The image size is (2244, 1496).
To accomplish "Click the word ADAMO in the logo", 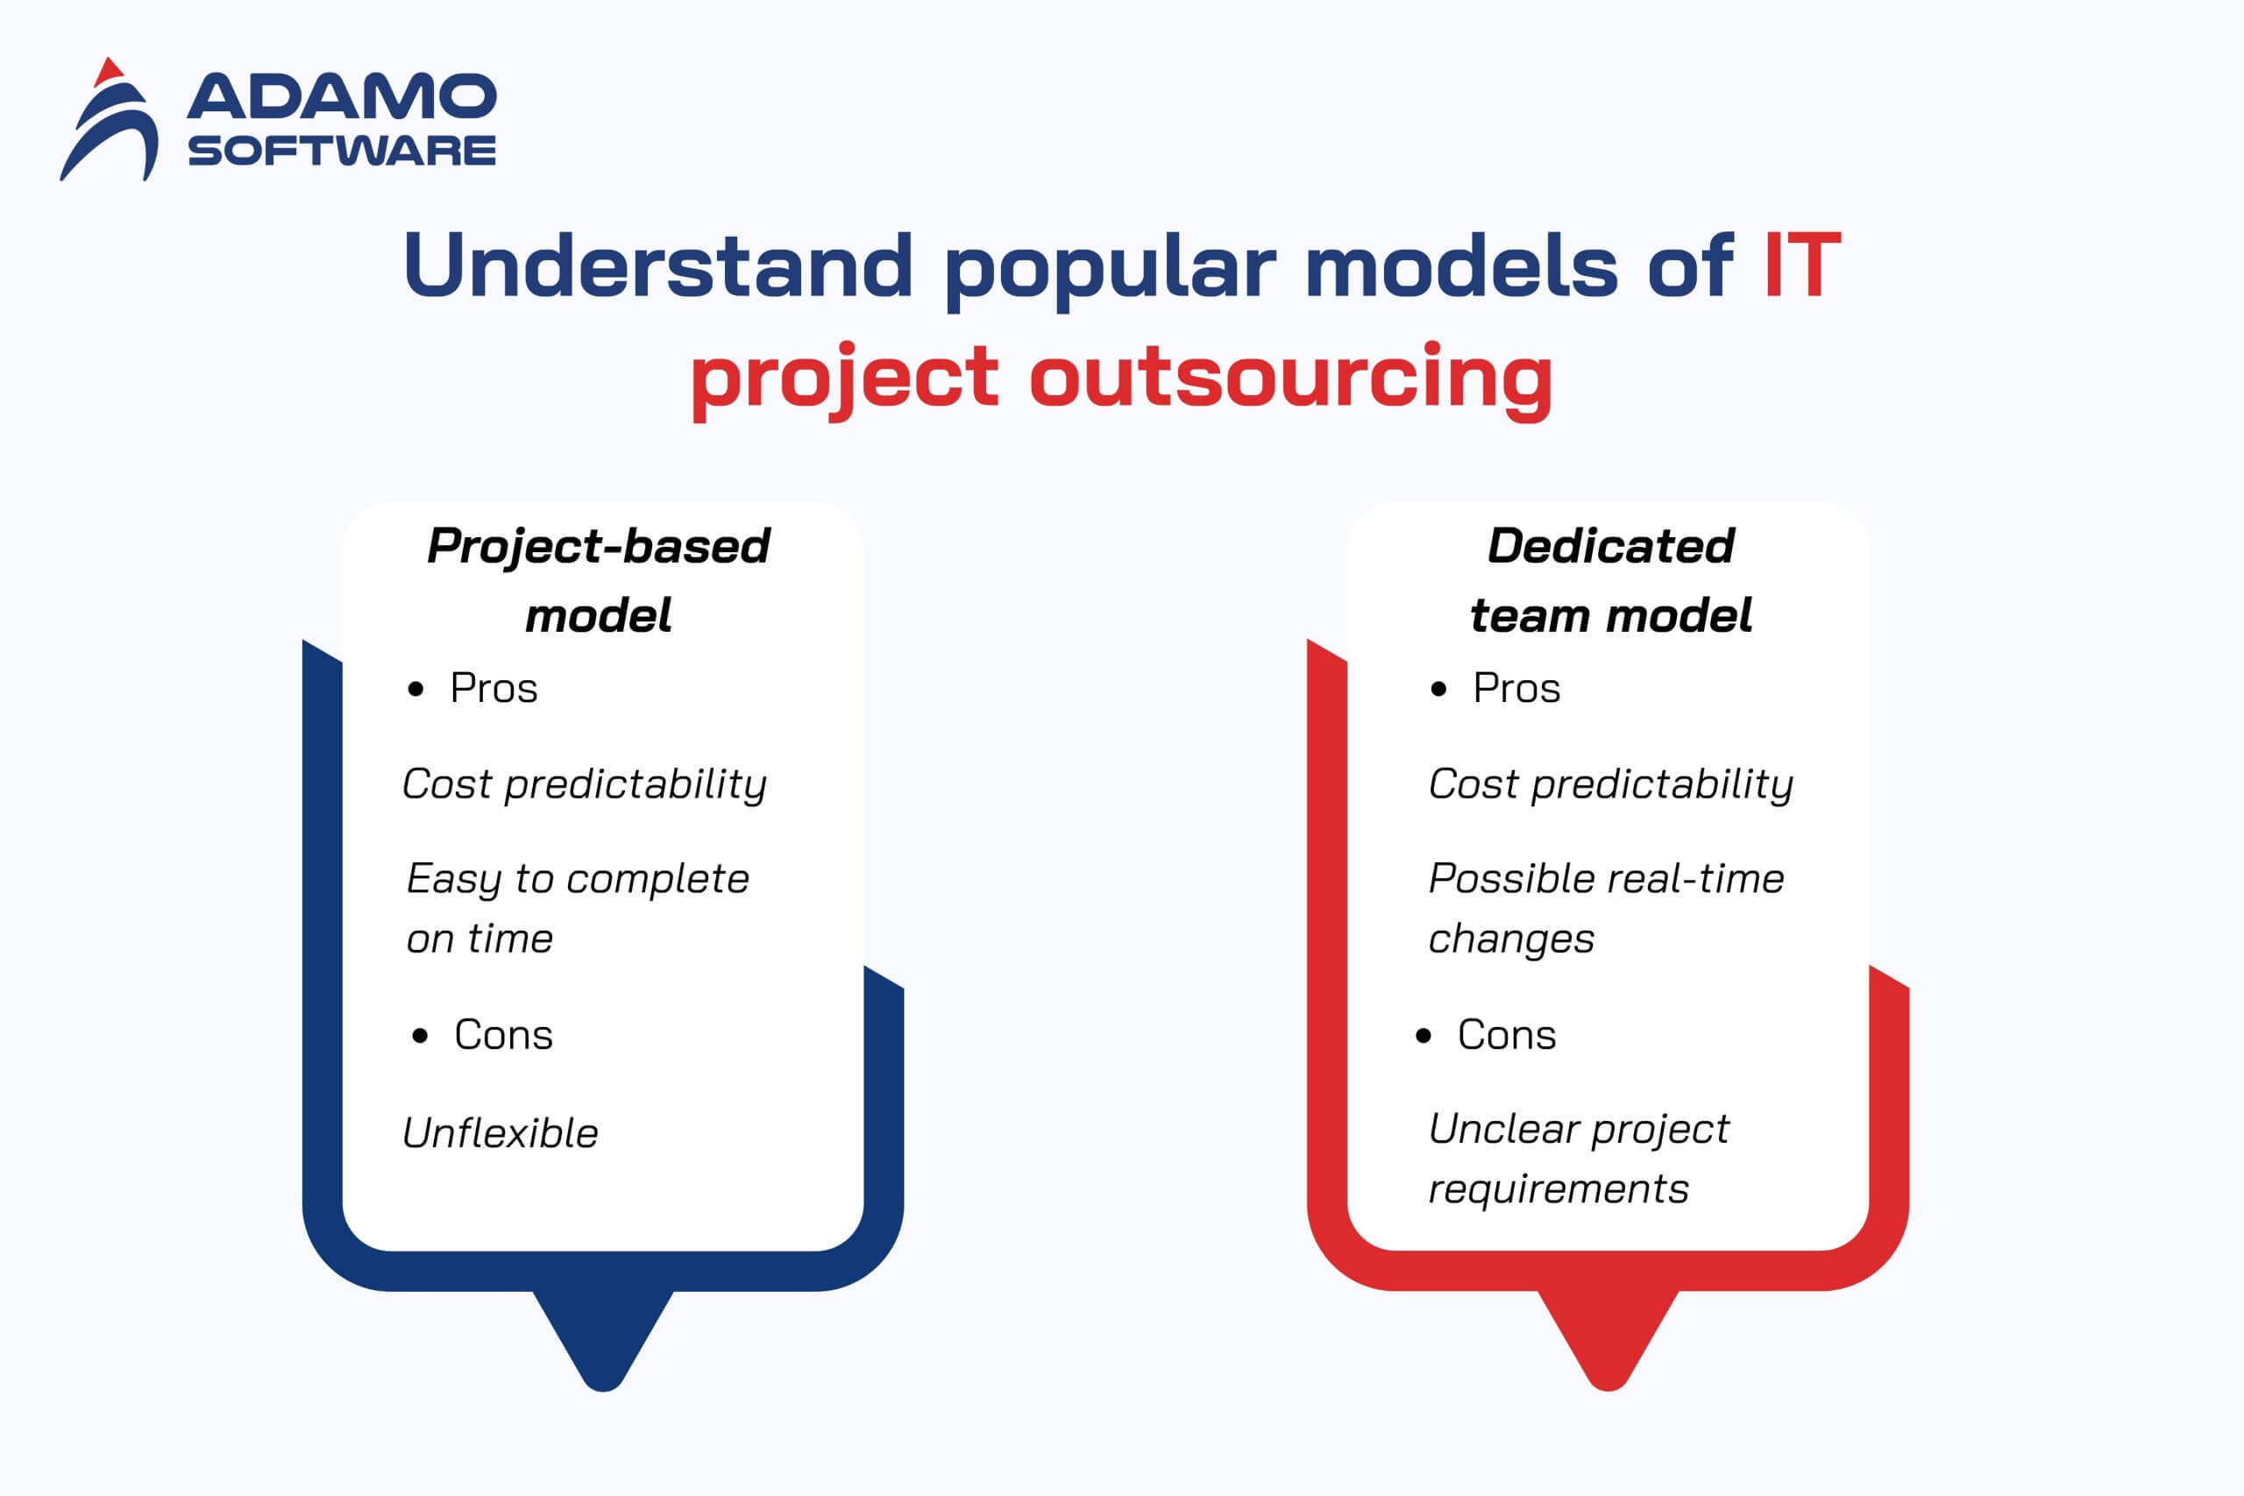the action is click(x=342, y=96).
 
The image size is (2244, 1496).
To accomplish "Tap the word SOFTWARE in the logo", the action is click(x=342, y=151).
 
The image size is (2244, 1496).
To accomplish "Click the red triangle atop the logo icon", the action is click(x=110, y=69).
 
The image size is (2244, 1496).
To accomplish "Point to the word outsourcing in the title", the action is click(x=1291, y=378).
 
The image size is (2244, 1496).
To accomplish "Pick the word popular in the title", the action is click(x=1110, y=269).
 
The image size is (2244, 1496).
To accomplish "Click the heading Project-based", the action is click(x=598, y=547).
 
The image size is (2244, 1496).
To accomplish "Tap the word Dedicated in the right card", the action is click(x=1610, y=546).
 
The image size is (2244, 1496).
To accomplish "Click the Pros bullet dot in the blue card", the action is click(x=415, y=690).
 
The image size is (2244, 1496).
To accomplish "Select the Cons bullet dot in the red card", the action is click(x=1424, y=1036).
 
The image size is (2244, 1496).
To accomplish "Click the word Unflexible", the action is click(x=500, y=1133).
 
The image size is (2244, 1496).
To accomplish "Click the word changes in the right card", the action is click(x=1511, y=940).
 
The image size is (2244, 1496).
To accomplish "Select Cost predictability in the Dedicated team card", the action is click(x=1610, y=785).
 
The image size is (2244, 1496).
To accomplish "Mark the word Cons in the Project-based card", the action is click(x=504, y=1035).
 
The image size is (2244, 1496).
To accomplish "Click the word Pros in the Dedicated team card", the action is click(x=1517, y=689).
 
